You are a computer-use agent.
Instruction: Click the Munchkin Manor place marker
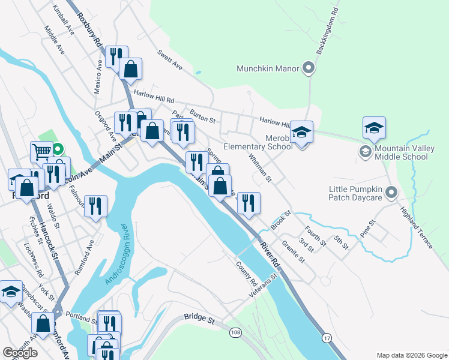tap(309, 68)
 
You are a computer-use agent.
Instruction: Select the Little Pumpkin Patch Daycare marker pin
tap(391, 193)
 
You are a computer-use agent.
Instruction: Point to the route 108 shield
tap(234, 332)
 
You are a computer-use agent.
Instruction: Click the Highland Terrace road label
tap(417, 227)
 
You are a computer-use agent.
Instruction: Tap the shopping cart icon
tap(41, 151)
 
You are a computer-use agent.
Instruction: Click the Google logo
tap(20, 353)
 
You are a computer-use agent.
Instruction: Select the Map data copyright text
tap(411, 355)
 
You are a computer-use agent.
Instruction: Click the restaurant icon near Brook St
tap(248, 203)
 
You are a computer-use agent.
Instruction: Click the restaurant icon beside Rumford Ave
tap(95, 206)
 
